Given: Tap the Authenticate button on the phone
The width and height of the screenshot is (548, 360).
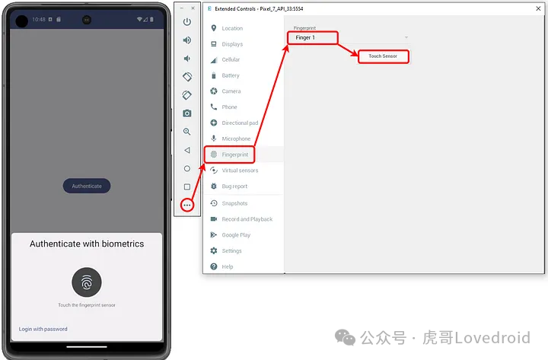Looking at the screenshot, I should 87,186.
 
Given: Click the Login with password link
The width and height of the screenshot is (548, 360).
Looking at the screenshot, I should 43,329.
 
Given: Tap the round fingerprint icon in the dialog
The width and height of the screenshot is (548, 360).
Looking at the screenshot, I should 87,282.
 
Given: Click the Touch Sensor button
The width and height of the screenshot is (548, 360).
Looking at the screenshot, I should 383,56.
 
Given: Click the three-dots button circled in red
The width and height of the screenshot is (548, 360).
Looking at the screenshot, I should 187,205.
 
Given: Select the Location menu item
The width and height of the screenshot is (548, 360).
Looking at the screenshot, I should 232,28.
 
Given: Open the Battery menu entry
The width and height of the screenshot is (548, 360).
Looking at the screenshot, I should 231,75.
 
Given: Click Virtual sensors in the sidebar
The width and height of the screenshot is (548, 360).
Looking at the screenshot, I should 239,170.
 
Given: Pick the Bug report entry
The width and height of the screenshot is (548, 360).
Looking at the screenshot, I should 234,186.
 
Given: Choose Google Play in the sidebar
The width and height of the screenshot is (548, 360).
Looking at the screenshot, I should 236,235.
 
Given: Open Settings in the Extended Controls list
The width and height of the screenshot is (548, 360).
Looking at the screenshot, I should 231,250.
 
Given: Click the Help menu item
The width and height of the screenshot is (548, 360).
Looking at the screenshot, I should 228,266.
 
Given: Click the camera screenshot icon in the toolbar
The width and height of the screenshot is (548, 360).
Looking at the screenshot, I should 187,113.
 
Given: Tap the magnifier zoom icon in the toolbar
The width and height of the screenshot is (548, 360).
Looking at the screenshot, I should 187,132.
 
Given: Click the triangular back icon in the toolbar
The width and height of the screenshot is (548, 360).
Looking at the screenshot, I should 187,150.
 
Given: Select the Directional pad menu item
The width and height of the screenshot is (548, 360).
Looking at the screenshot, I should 240,123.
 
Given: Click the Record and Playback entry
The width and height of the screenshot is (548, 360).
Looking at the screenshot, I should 247,219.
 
